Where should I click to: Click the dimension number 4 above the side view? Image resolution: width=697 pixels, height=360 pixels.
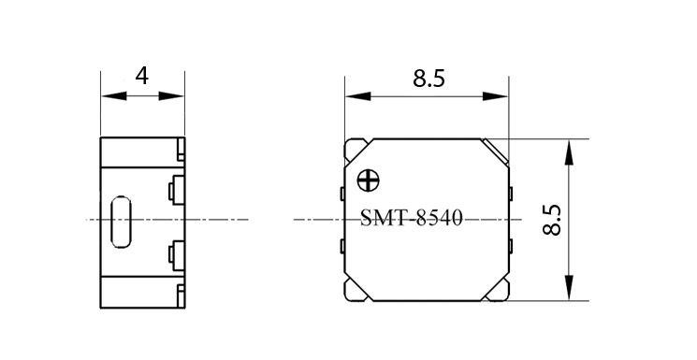click(x=142, y=76)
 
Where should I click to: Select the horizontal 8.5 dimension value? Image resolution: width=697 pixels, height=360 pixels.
click(x=428, y=79)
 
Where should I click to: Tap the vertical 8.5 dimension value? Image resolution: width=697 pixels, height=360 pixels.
click(x=553, y=220)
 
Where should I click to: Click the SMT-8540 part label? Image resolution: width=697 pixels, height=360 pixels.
click(x=411, y=219)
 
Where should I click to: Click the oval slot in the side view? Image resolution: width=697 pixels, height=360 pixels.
click(x=121, y=222)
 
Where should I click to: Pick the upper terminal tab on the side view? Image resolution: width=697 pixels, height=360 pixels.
click(x=176, y=190)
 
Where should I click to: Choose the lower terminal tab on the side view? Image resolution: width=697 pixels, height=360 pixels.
click(x=176, y=256)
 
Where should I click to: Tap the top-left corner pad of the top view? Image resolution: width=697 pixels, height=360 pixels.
click(x=356, y=151)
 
